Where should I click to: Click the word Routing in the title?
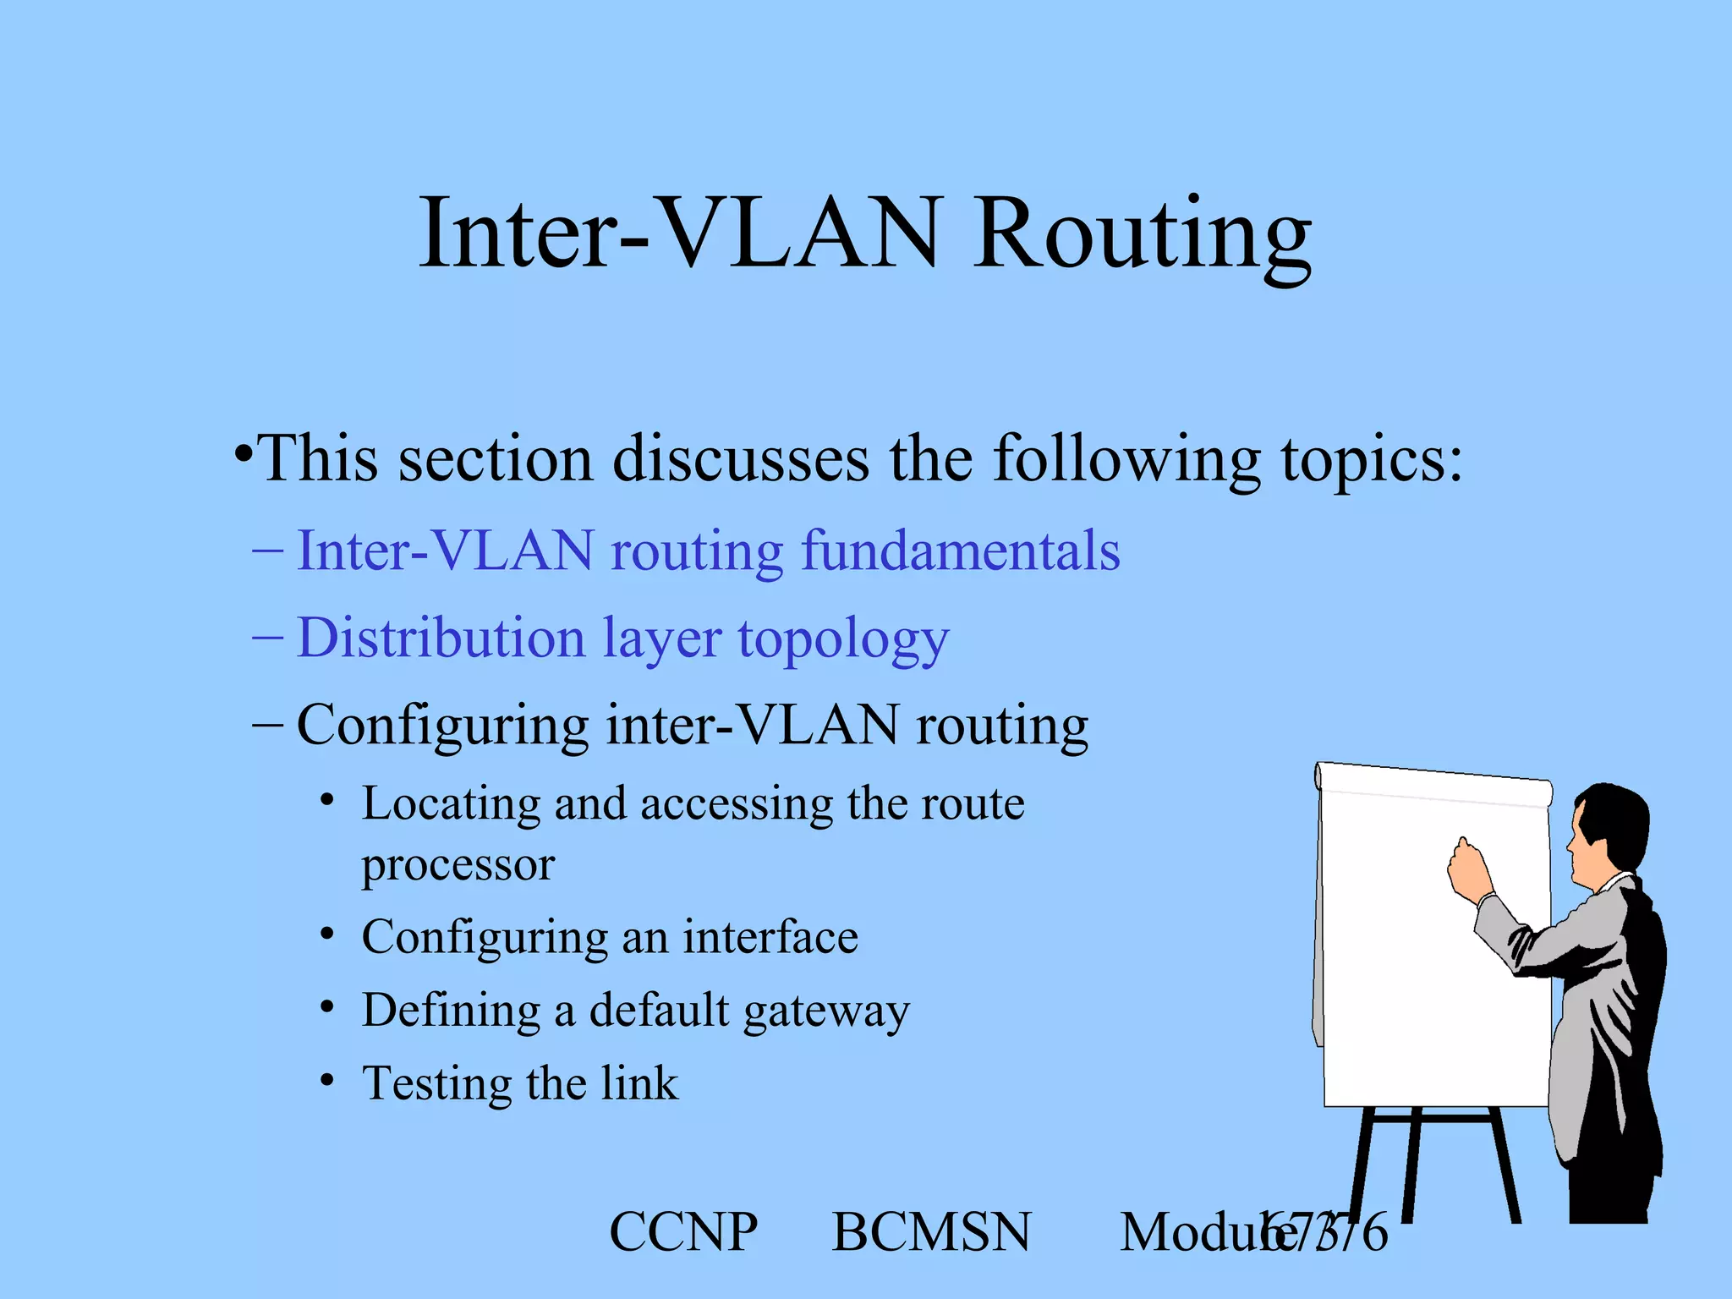click(1142, 235)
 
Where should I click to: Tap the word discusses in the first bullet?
click(740, 459)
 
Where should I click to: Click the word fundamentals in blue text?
click(960, 551)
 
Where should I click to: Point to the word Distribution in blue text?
click(441, 638)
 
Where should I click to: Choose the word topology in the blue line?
click(843, 639)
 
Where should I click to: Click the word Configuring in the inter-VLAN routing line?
click(442, 726)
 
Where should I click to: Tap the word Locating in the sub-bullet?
click(451, 803)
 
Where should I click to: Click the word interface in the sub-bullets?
click(770, 937)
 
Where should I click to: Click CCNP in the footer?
click(683, 1232)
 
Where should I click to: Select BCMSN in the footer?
click(931, 1232)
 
